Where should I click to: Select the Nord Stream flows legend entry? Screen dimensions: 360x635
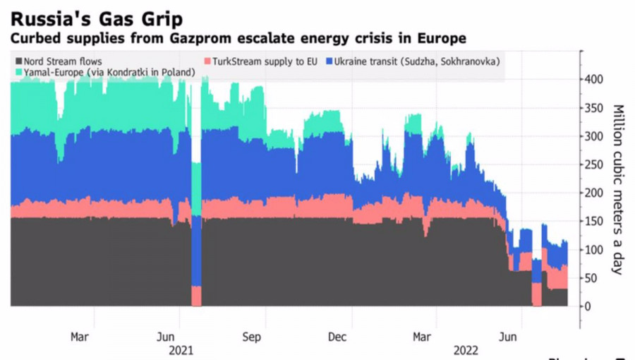click(x=64, y=61)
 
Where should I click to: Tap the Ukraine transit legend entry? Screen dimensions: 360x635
click(x=416, y=61)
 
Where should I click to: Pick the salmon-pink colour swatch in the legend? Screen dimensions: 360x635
click(x=207, y=61)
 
